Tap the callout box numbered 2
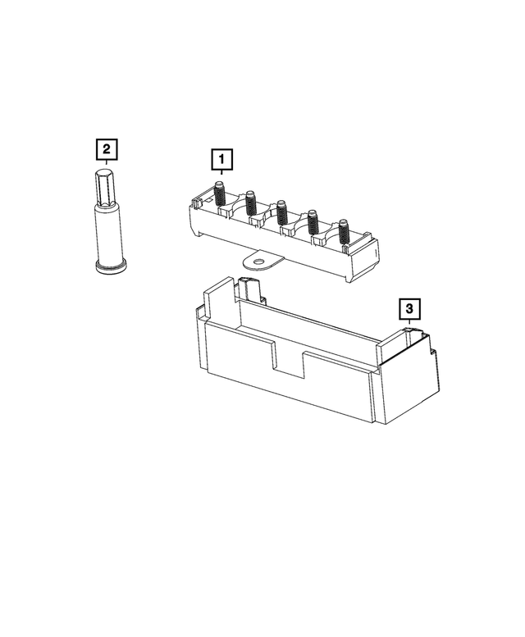(x=107, y=150)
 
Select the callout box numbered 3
(x=409, y=309)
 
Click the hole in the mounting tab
(x=260, y=264)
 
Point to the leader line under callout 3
(x=408, y=323)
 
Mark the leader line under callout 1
(x=221, y=172)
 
